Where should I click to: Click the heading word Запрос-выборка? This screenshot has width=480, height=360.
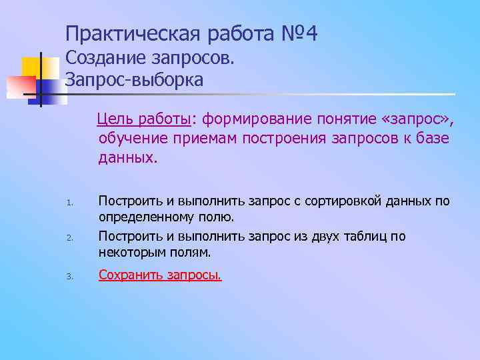coord(134,80)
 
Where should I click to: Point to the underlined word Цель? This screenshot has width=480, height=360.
coord(113,119)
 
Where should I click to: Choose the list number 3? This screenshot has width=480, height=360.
coord(69,276)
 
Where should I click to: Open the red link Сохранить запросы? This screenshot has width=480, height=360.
coord(160,275)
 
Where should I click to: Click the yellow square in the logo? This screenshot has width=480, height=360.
coord(31,67)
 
